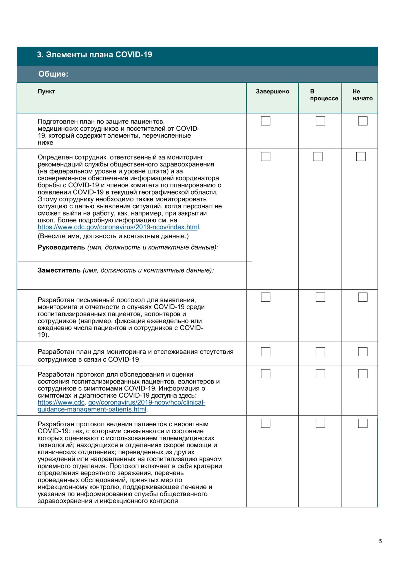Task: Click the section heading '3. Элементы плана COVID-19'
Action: (94, 55)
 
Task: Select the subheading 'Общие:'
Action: (53, 74)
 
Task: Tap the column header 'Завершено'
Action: (272, 92)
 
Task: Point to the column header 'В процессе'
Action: (324, 95)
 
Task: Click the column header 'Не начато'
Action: (362, 95)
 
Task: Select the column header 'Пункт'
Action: (46, 92)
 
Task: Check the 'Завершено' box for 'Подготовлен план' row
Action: (265, 121)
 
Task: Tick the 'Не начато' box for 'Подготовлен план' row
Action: (362, 121)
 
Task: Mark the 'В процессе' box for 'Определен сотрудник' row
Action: (318, 156)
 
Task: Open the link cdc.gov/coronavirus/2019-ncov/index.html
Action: (118, 227)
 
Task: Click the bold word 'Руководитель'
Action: (61, 247)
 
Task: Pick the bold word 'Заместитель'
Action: (59, 271)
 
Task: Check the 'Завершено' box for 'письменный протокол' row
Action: (265, 297)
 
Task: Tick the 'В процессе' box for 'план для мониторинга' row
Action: (320, 352)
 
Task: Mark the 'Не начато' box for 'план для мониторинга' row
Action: (362, 352)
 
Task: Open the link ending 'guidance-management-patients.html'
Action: (92, 410)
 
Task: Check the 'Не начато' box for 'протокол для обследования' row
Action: (362, 374)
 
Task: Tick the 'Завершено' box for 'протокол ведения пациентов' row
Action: (265, 423)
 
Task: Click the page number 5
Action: (380, 541)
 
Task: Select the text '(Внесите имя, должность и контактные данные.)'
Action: (113, 236)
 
